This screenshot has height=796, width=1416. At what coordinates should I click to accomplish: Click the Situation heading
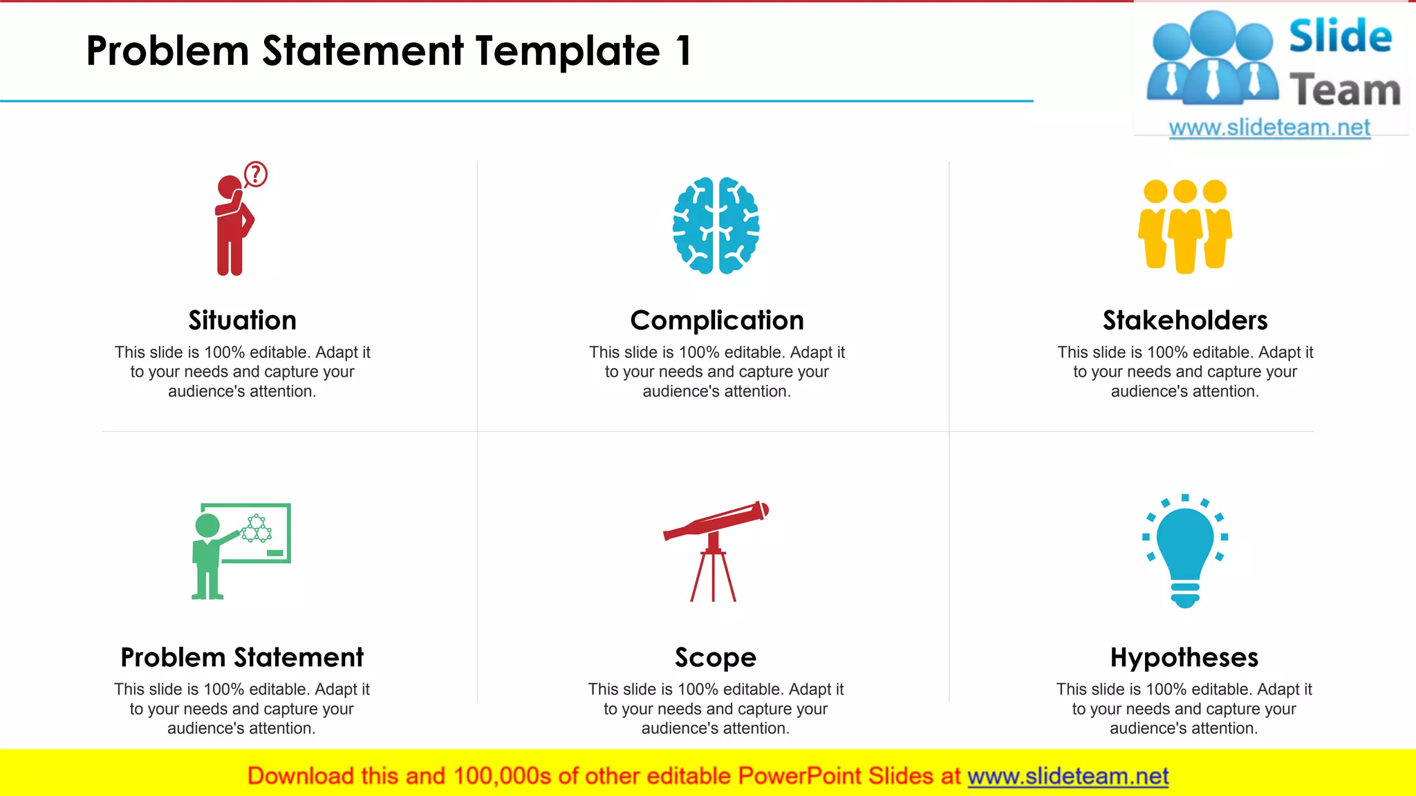coord(242,321)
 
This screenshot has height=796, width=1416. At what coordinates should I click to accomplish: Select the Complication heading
coord(717,321)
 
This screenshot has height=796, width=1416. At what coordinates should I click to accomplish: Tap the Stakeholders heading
coord(1185,321)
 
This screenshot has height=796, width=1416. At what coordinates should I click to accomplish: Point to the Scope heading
coord(716,658)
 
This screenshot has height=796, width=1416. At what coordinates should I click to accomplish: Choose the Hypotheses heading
coord(1184,658)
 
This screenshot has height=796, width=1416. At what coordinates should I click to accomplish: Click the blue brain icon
coord(716,226)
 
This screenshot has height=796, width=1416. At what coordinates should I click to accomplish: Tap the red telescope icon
coord(716,546)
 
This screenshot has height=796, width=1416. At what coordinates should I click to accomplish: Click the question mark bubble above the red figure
coord(256,174)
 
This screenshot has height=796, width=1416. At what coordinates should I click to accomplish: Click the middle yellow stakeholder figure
coord(1185,228)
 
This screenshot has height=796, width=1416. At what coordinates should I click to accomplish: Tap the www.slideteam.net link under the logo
coord(1269,128)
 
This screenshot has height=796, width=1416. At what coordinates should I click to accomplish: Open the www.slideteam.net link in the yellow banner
coord(1068,777)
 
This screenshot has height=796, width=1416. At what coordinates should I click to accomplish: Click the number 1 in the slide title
coord(684,51)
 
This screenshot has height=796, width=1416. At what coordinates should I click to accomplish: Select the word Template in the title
coord(568,51)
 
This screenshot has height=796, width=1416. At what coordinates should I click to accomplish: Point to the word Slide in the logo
coord(1340,36)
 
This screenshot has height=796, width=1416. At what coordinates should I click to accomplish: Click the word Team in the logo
coord(1345,91)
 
